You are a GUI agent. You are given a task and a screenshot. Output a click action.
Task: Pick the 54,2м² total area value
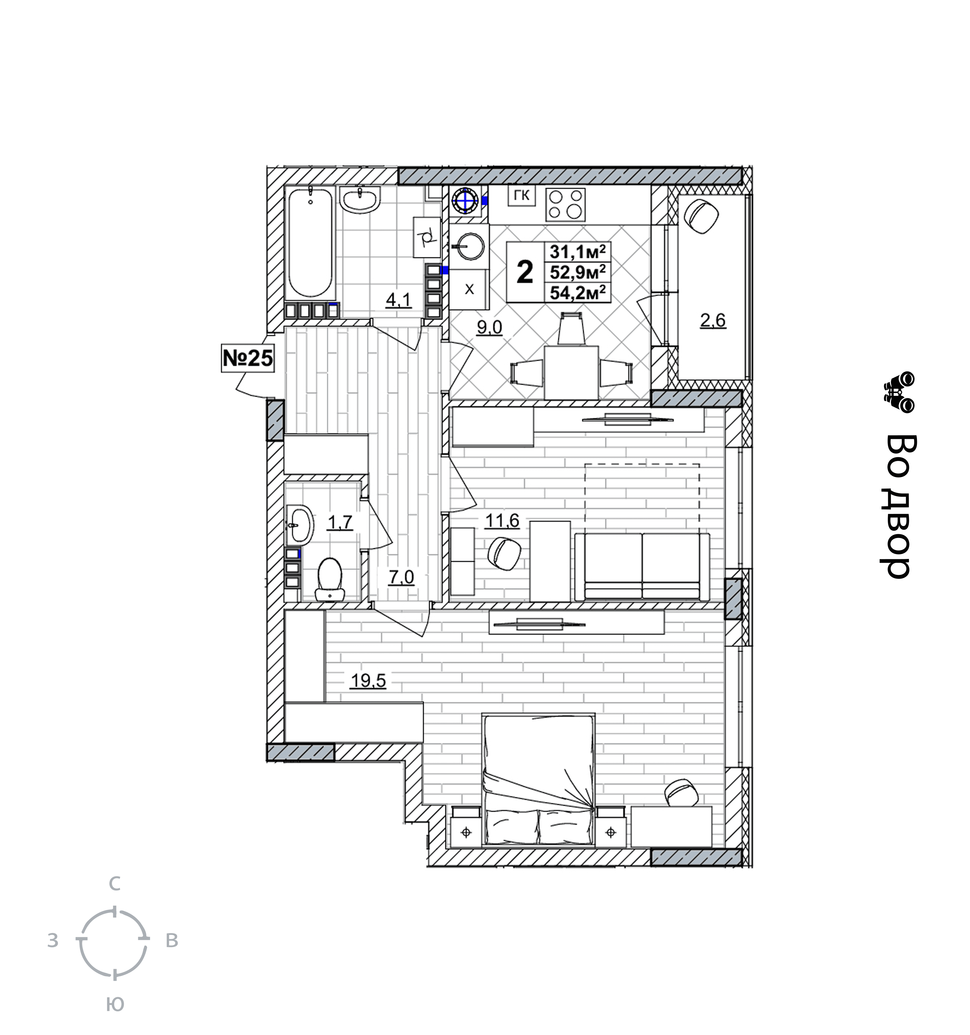tap(578, 293)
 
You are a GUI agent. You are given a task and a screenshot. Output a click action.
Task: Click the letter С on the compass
tap(114, 883)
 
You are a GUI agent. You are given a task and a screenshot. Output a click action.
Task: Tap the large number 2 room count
tap(525, 272)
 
